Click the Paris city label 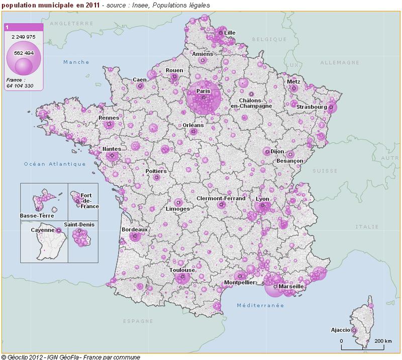coord(203,91)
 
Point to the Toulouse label coord(181,270)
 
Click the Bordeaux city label coord(135,229)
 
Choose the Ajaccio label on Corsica coord(341,330)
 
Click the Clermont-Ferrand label coord(221,198)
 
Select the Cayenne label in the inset coord(42,230)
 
